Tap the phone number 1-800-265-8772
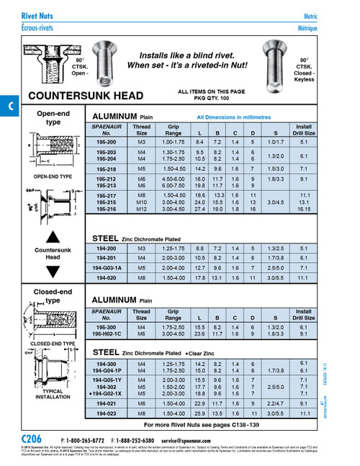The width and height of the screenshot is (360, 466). click(x=87, y=439)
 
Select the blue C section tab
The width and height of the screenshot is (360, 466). click(x=9, y=105)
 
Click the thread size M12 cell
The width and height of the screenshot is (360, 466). click(x=142, y=209)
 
